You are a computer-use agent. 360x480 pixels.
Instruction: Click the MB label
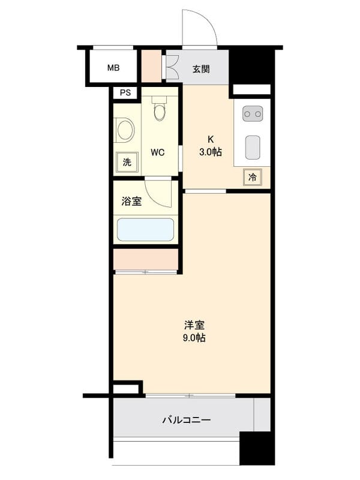coord(113,68)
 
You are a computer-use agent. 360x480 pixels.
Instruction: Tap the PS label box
coord(125,93)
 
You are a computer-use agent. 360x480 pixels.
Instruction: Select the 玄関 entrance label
coord(201,68)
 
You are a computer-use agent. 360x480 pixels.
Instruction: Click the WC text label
coord(158,152)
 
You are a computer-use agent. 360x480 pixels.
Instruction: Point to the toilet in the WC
coord(159,110)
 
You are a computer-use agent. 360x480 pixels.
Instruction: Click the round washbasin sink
coord(125,130)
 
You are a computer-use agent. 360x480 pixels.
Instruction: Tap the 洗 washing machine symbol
coord(127,161)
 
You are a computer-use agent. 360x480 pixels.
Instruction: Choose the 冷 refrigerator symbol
coord(253,178)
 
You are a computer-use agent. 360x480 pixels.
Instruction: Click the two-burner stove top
coord(253,113)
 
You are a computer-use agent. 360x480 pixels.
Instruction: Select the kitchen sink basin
coord(253,147)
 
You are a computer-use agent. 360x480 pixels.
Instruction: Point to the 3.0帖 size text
coord(211,152)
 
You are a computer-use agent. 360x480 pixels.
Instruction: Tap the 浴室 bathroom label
coord(131,202)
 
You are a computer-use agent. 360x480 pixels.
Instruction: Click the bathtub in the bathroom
coord(145,230)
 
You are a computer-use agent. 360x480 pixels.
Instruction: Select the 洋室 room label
coord(194,326)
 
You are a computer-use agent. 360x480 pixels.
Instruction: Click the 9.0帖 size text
coord(194,338)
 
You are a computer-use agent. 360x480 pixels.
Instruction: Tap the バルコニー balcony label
coord(187,420)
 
